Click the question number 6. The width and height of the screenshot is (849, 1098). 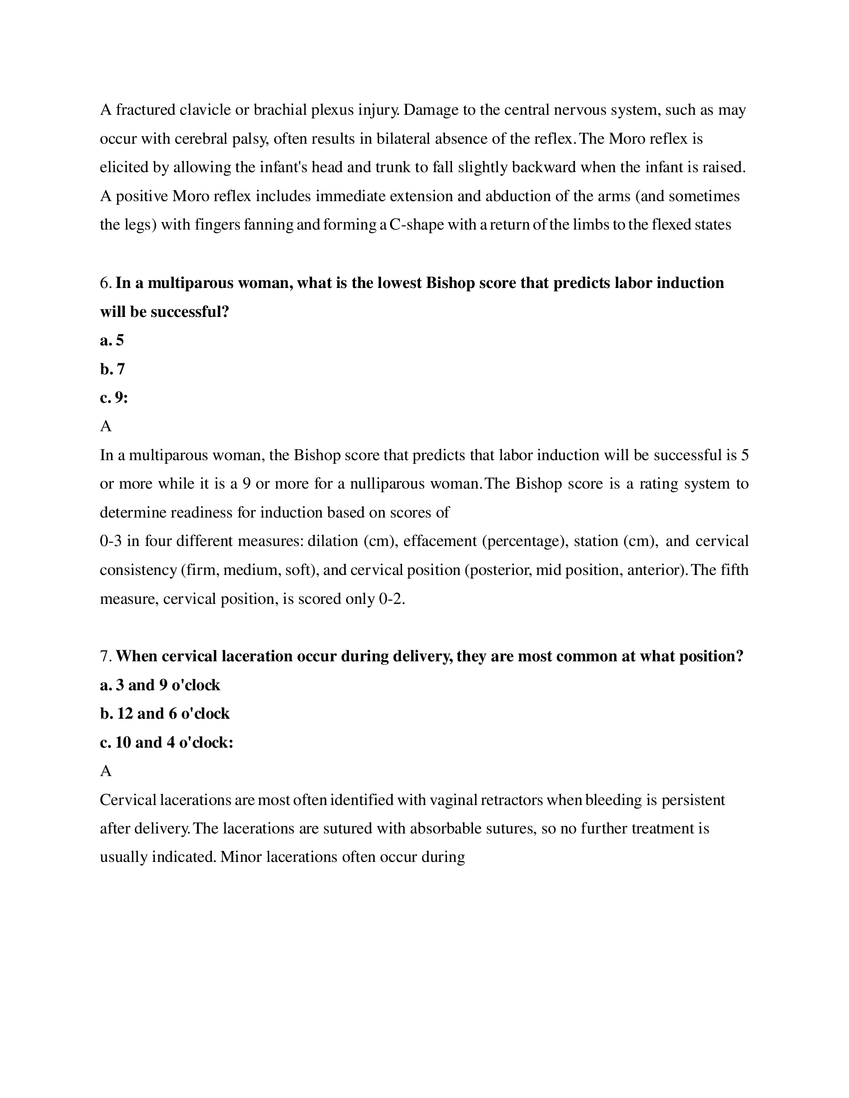[105, 283]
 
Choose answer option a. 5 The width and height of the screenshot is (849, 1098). [112, 341]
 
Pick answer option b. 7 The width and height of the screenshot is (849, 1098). [113, 369]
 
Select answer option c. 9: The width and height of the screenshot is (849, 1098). [114, 398]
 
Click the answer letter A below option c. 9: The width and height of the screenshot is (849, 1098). [105, 427]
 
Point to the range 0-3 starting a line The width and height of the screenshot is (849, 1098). [111, 542]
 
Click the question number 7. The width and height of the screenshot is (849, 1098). [105, 657]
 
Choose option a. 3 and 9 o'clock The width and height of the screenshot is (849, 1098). [160, 685]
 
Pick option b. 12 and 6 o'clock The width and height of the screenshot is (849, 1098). [164, 714]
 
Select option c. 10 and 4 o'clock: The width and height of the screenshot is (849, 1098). [166, 743]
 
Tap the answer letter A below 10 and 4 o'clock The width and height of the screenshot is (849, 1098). [105, 771]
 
